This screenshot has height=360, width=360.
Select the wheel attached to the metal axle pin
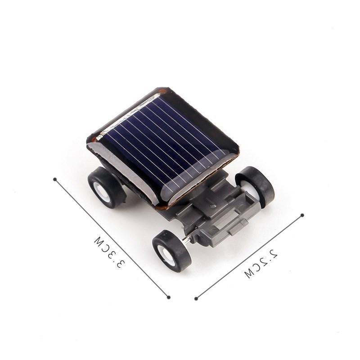(x=171, y=251)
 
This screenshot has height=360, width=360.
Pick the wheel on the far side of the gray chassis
(x=255, y=185)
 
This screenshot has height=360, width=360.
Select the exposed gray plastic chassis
(x=216, y=211)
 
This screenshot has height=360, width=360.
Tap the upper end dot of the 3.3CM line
(x=55, y=179)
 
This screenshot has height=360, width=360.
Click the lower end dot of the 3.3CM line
(x=168, y=297)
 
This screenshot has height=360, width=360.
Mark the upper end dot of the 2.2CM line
(x=302, y=215)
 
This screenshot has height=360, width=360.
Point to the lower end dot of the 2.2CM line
(x=196, y=298)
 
